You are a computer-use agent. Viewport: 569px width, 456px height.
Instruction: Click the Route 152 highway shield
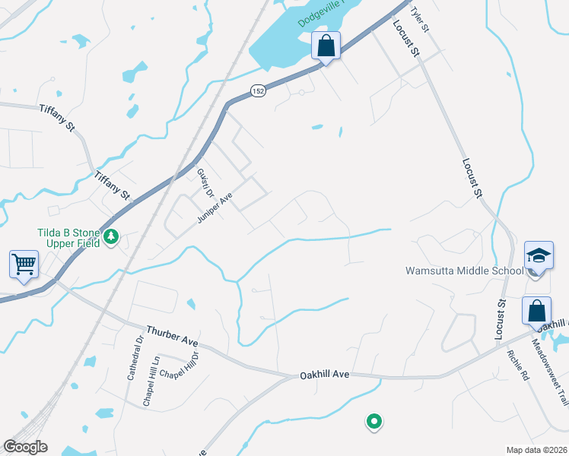[x=259, y=90]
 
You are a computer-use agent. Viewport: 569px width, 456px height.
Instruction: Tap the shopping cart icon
[x=24, y=265]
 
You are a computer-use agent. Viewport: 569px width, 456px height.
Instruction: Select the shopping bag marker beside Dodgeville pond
[x=326, y=46]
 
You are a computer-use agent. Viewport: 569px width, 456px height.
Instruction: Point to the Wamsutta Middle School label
[x=464, y=270]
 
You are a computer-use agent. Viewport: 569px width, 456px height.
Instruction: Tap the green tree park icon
[x=111, y=237]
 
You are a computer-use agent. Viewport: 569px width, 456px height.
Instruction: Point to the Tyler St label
[x=419, y=19]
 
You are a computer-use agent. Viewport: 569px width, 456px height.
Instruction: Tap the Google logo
[x=25, y=447]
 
